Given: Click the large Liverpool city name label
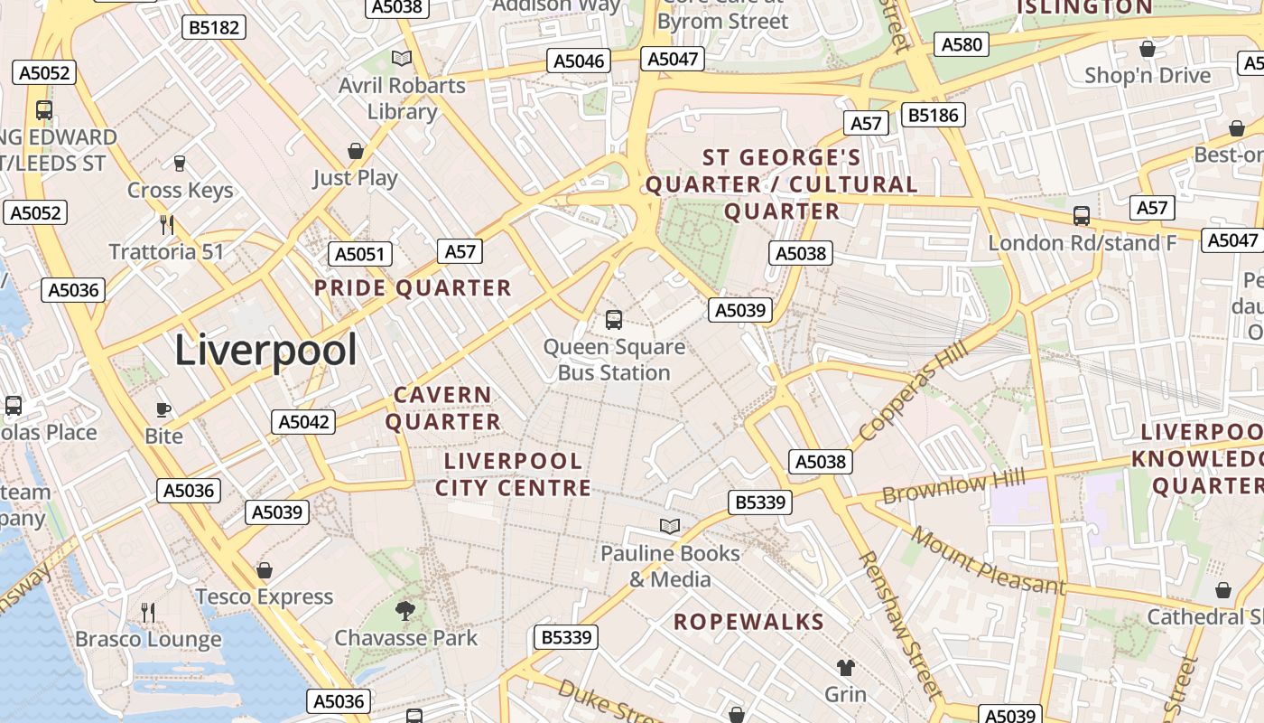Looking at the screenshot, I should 265,350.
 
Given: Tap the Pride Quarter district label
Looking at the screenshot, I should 413,288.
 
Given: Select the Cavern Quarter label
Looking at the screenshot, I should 443,408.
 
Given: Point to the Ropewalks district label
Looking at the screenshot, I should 749,622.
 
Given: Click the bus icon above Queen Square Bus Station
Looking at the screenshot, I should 614,319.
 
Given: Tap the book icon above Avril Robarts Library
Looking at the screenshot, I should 402,59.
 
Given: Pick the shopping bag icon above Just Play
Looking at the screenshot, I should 356,150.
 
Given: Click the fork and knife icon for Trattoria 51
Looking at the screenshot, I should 166,224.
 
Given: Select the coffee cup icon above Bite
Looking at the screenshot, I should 163,409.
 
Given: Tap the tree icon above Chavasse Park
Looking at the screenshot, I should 405,611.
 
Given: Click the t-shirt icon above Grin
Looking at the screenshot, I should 845,668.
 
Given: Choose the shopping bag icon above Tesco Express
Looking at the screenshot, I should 265,570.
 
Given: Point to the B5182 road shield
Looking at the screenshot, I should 214,27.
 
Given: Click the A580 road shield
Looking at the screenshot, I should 962,43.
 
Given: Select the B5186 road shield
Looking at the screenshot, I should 934,115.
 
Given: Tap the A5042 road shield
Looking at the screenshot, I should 303,421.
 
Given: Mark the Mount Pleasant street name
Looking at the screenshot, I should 989,561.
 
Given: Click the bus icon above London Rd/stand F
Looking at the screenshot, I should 1082,216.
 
